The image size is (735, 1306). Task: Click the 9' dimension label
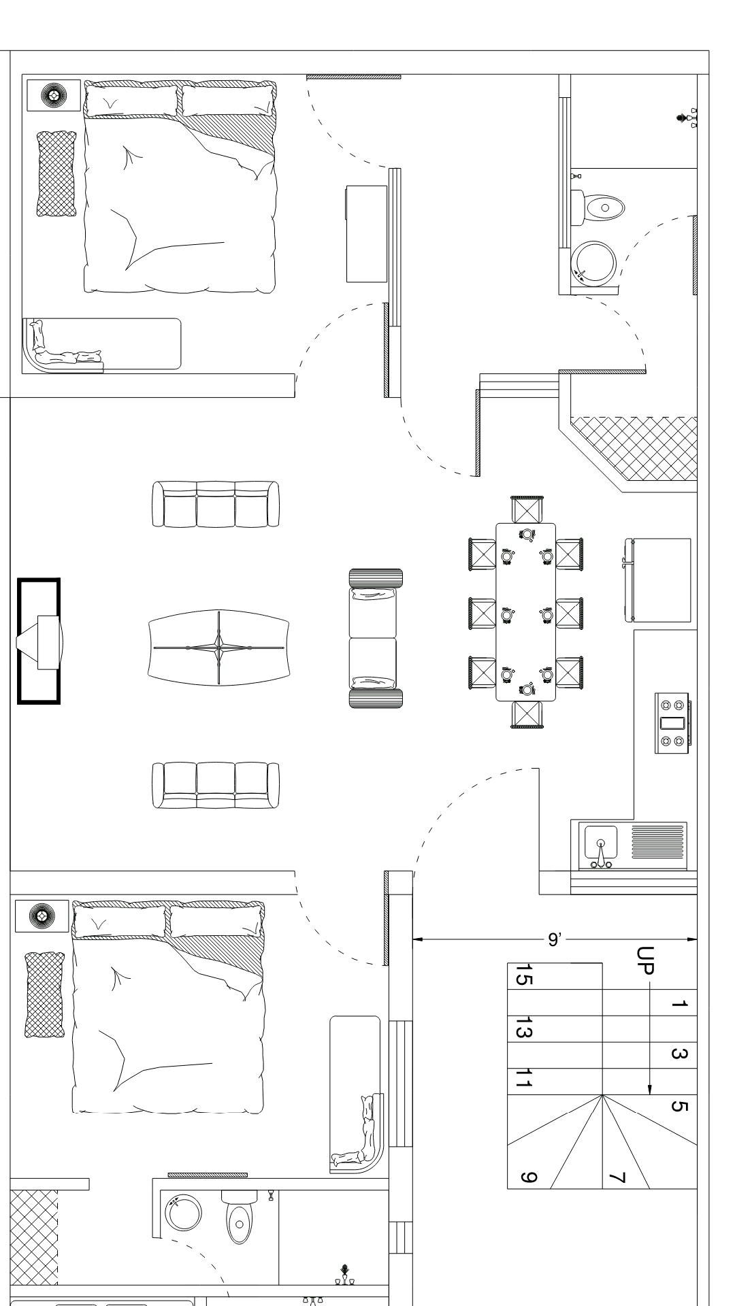pyautogui.click(x=554, y=939)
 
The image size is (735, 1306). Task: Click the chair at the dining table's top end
pyautogui.click(x=528, y=509)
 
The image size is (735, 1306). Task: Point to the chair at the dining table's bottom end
pyautogui.click(x=527, y=715)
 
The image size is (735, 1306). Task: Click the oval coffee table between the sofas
pyautogui.click(x=218, y=647)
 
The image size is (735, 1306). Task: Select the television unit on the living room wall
pyautogui.click(x=39, y=641)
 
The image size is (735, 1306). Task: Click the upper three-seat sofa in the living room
pyautogui.click(x=215, y=504)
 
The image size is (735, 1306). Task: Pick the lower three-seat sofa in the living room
pyautogui.click(x=215, y=785)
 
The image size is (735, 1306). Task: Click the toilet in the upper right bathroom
pyautogui.click(x=598, y=206)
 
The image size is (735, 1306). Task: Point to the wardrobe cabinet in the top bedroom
pyautogui.click(x=366, y=233)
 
